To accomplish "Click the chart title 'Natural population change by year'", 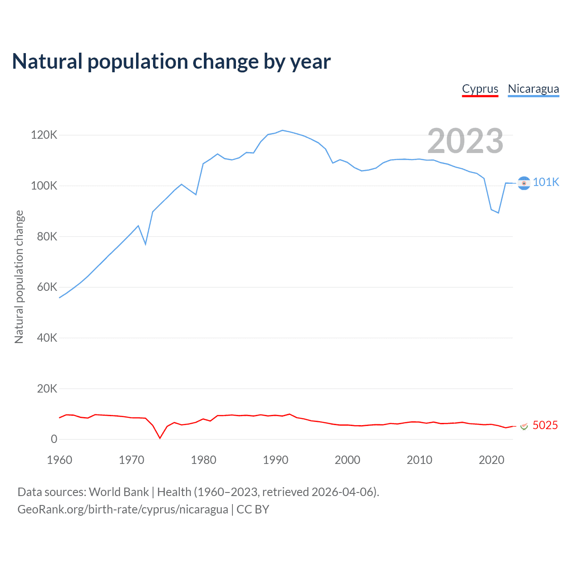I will tap(171, 62).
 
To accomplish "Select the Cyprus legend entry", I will tap(480, 89).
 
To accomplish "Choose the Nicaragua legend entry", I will tap(533, 89).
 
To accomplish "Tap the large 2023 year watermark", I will tap(465, 141).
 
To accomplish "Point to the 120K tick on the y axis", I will tap(44, 135).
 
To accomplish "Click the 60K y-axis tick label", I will tap(47, 287).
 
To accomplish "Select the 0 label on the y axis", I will tap(54, 439).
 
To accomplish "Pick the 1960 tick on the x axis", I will tap(59, 460).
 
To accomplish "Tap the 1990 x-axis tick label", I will tap(275, 460).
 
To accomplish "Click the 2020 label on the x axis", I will tap(491, 460).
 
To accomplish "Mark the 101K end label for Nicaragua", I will tap(546, 182).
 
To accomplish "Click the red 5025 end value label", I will tap(545, 425).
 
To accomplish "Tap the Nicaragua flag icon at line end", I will tap(524, 183).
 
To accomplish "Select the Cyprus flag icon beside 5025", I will tap(524, 426).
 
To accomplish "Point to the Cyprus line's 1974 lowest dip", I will tap(160, 438).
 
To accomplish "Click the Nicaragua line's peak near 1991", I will tap(282, 130).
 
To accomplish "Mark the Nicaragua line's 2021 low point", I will tap(498, 213).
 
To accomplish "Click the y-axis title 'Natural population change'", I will tap(19, 277).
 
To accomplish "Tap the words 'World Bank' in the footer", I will tap(119, 492).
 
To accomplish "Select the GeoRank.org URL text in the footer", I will tap(123, 509).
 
